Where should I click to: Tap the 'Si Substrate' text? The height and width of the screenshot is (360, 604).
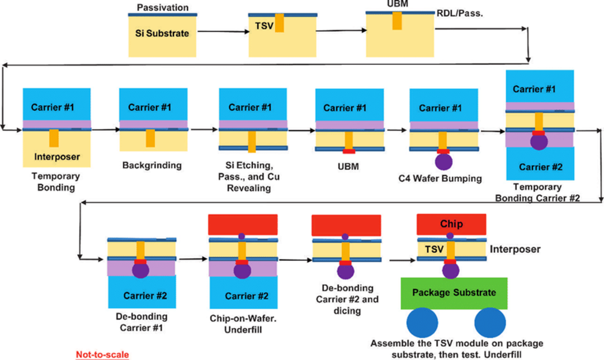click(x=162, y=33)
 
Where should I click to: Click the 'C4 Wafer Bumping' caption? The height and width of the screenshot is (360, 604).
click(x=443, y=179)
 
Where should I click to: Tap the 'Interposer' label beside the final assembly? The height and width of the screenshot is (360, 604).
click(x=515, y=249)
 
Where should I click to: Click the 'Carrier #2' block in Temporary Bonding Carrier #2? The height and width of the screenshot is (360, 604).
click(x=540, y=167)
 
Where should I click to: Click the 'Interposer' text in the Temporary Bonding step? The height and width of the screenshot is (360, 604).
click(x=56, y=157)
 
